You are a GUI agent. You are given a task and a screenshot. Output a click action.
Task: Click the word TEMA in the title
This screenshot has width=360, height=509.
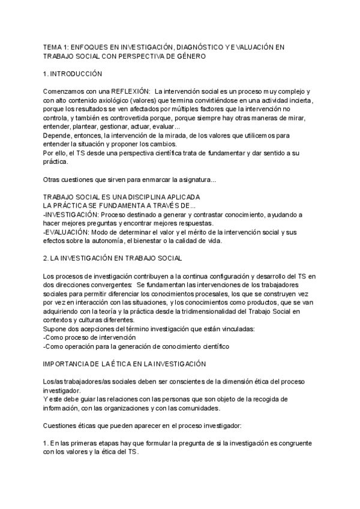(53, 46)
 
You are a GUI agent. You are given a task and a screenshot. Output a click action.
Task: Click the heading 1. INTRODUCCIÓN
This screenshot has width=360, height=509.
(73, 74)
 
